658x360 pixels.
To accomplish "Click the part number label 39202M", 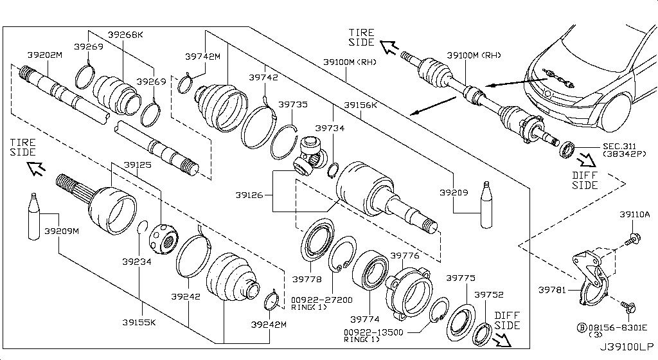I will (45, 55).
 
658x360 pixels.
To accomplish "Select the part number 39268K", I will (125, 35).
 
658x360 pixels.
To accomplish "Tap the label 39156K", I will (360, 104).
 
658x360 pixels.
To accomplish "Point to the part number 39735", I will (293, 104).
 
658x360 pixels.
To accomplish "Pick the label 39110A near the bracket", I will (635, 214).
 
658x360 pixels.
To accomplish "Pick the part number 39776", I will (405, 256).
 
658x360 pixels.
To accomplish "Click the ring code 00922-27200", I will (321, 300).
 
